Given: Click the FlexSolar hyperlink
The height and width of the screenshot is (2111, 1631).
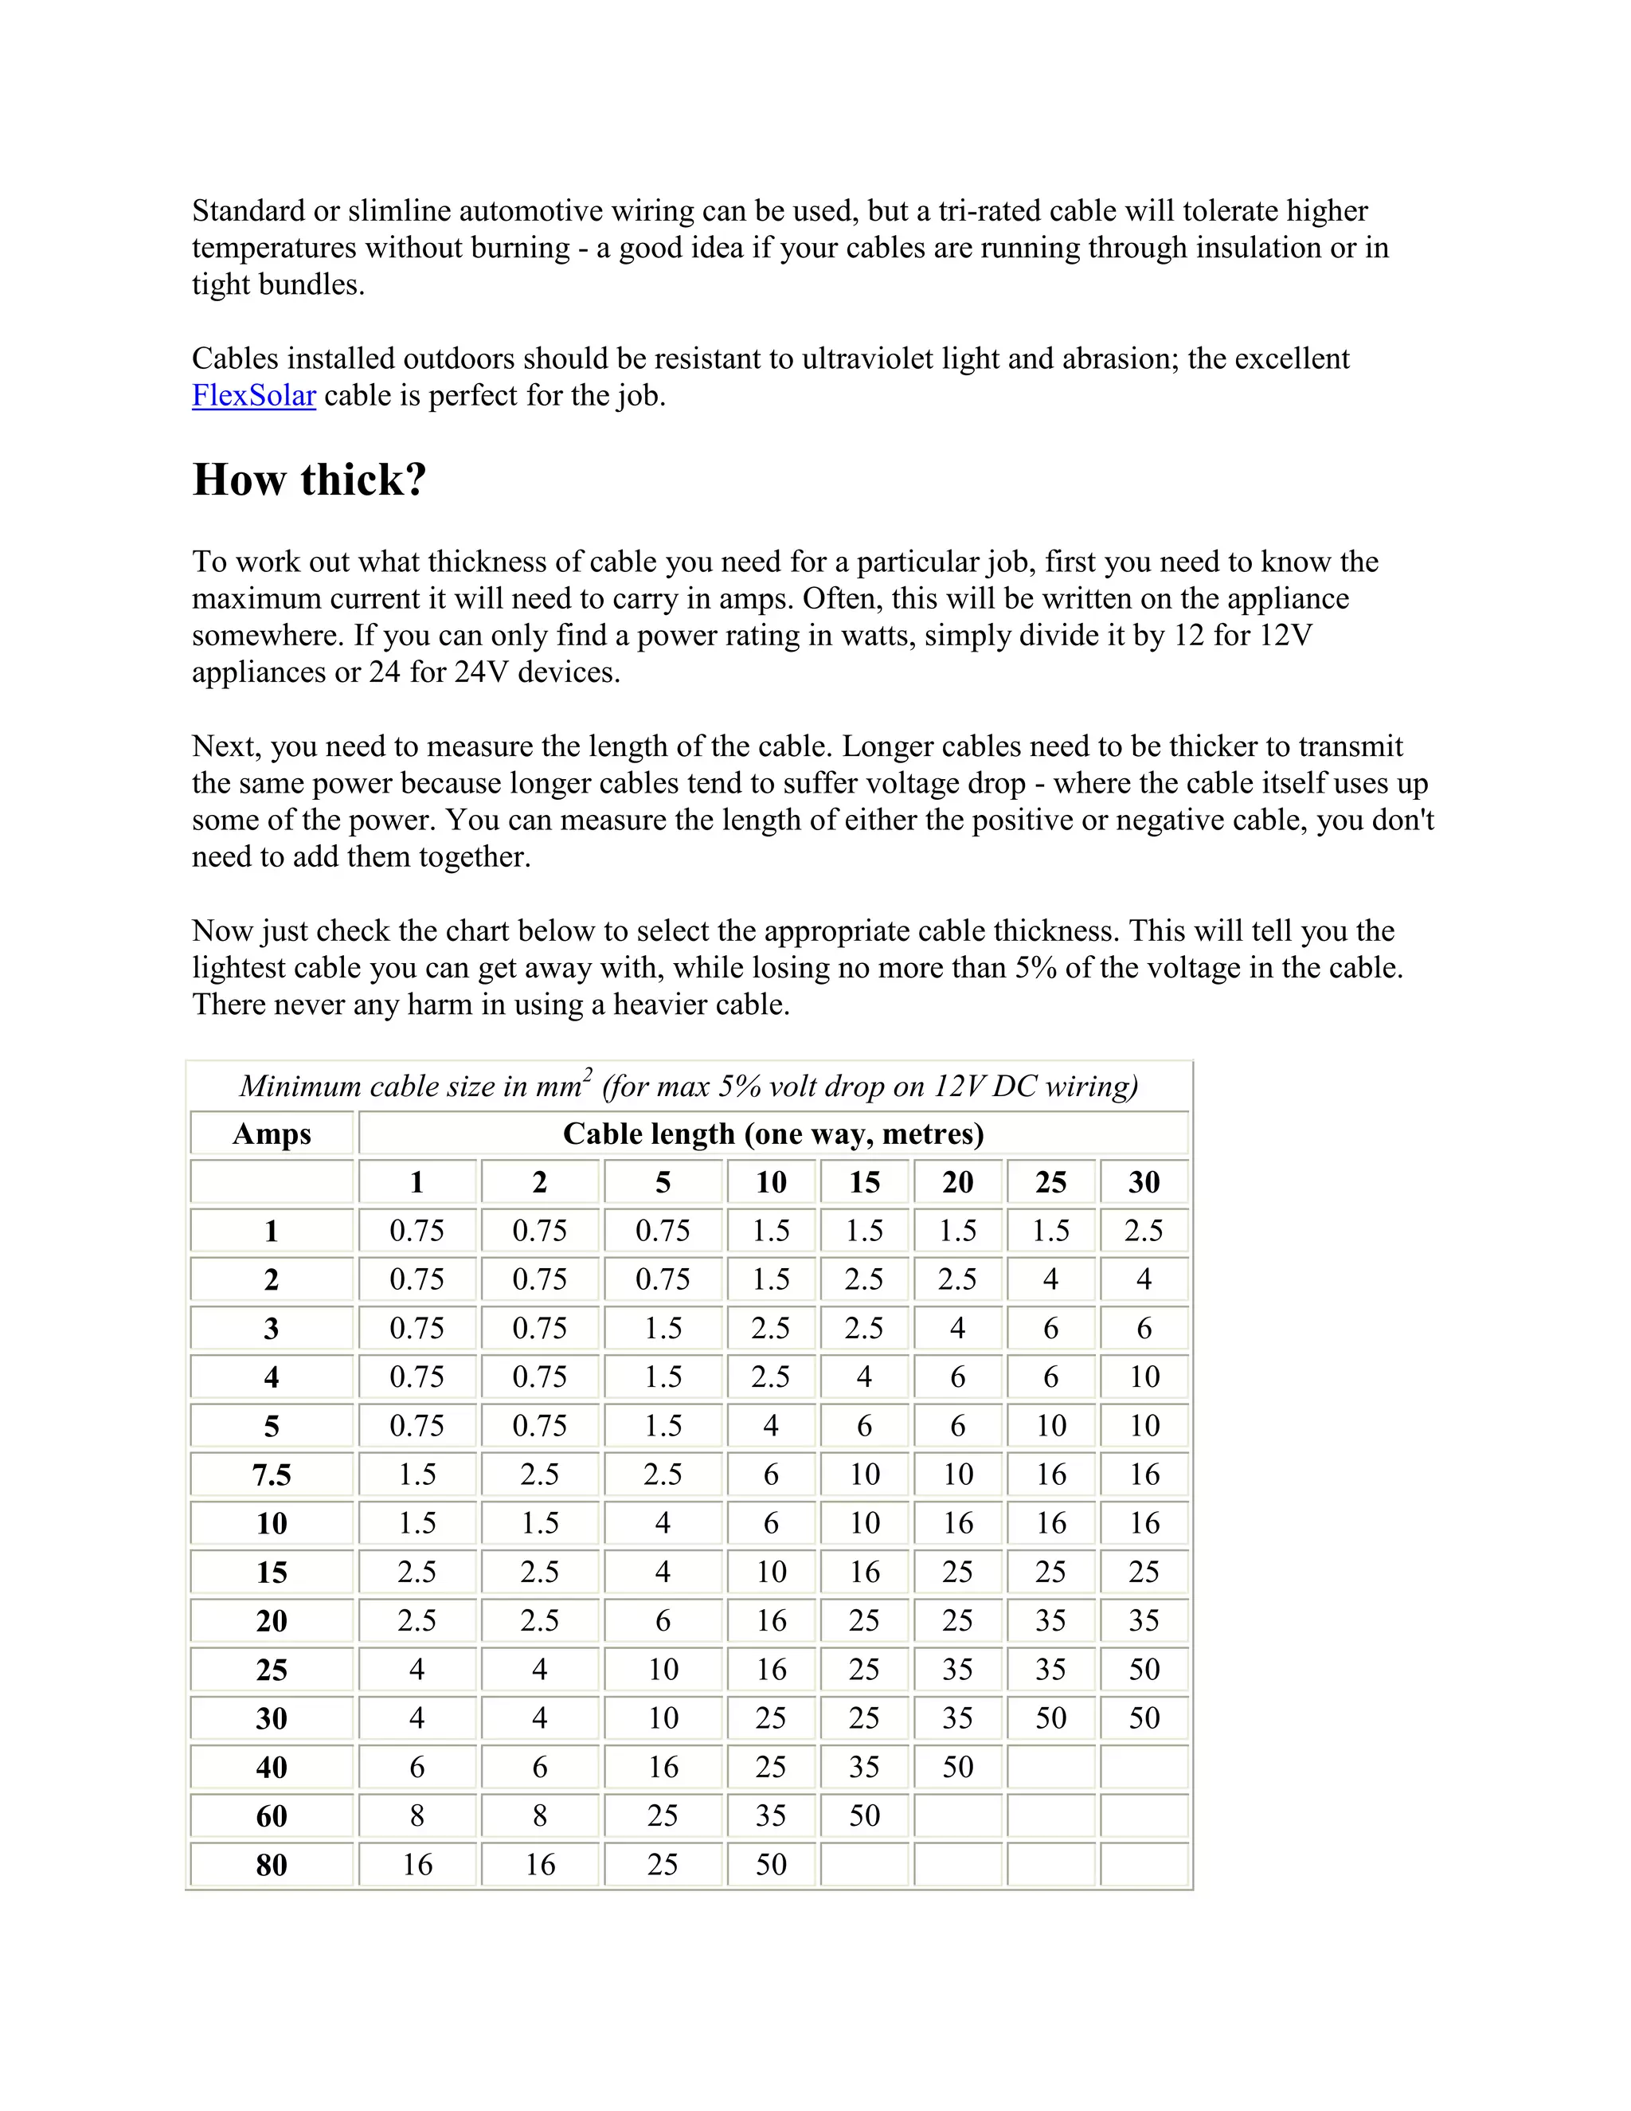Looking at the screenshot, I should coord(253,395).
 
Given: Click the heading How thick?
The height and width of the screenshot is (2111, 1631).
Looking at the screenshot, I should coord(309,480).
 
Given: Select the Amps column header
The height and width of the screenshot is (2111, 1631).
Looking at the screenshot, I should coord(272,1134).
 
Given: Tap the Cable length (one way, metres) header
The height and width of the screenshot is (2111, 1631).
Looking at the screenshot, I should coord(773,1134).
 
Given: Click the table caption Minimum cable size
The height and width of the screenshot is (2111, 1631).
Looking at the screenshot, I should coord(688,1087).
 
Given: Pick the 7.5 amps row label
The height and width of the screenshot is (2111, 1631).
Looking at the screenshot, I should coord(272,1475).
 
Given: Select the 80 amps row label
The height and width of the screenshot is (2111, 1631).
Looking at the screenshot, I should coord(272,1865).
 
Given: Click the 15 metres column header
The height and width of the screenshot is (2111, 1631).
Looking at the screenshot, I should coord(864,1182).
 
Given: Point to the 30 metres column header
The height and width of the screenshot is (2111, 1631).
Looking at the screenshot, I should coord(1144,1182).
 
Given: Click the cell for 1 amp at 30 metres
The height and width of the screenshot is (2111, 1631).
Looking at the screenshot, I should coord(1144,1231).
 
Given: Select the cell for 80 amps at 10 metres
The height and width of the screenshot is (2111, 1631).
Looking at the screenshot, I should coord(771,1865).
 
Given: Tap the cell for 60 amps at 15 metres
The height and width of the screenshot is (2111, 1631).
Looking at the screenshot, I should coord(864,1815).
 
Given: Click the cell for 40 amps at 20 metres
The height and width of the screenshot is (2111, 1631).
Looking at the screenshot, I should coord(957,1767).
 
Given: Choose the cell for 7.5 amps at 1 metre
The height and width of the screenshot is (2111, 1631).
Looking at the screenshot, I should coord(417,1475).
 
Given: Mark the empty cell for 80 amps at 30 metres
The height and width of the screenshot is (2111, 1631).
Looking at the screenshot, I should coord(1144,1865).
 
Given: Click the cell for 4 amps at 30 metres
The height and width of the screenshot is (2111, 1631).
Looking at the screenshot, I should coord(1144,1377).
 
